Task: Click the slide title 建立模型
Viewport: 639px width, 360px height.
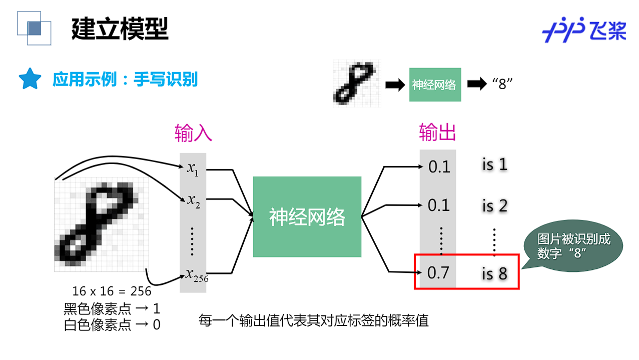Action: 120,29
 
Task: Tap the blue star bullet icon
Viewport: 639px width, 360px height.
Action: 30,79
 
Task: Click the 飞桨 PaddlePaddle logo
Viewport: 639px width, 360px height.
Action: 584,30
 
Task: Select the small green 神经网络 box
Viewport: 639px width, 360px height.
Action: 434,85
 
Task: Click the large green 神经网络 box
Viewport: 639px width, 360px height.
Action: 307,217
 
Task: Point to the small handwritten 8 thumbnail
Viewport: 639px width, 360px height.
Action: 357,84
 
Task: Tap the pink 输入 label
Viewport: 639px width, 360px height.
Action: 193,134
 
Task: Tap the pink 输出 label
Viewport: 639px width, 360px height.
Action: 437,134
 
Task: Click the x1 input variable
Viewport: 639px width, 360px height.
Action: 193,169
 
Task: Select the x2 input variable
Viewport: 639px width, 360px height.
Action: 193,201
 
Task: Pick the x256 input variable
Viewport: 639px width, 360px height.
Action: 196,274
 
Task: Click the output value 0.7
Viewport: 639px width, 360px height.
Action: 439,273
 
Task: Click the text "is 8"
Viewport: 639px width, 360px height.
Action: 494,273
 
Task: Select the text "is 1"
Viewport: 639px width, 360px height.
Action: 494,165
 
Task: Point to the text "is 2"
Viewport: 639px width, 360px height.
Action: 494,206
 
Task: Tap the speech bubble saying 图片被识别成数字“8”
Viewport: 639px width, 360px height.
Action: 573,246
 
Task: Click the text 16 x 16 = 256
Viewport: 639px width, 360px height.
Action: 112,291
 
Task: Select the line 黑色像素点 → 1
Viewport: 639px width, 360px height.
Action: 112,308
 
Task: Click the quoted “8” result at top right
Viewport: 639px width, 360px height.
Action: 503,84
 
